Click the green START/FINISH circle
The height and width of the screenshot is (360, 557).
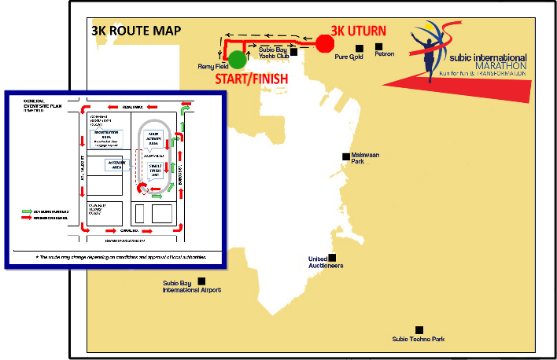237,60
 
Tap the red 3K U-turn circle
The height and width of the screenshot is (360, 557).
324,43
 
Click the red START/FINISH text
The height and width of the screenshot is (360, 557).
251,79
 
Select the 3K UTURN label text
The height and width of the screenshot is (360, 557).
358,31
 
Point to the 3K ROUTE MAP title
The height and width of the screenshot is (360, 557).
136,31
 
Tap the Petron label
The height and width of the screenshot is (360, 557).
385,55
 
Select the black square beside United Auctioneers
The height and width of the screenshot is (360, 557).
333,257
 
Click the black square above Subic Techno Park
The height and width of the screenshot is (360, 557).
419,329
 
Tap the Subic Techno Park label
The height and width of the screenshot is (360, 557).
419,340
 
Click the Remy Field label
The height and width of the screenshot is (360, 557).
212,68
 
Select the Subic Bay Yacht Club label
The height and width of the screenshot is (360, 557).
272,54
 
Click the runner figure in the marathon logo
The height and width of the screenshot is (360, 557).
430,55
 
